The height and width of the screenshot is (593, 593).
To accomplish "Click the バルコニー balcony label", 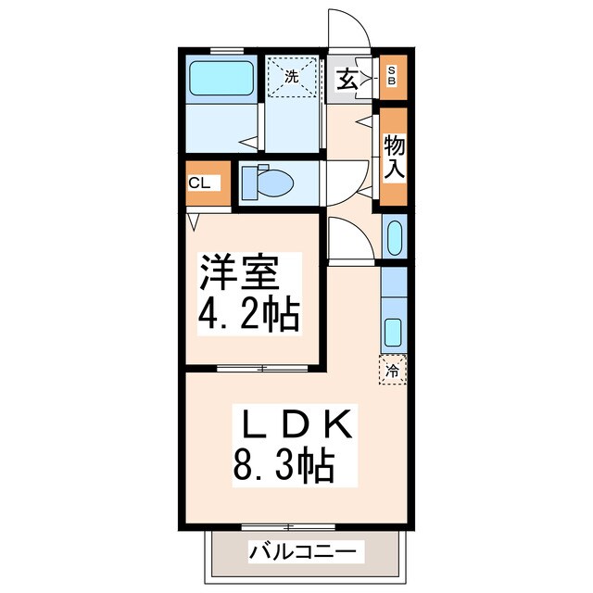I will pos(301,553).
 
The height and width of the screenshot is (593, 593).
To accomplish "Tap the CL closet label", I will pos(199,183).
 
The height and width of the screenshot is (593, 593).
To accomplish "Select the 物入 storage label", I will pos(394,156).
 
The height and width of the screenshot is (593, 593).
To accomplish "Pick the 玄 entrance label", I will pos(347,79).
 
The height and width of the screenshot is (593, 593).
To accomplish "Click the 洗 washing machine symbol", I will pos(291,78).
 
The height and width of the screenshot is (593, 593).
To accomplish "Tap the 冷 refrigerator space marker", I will pos(393,371).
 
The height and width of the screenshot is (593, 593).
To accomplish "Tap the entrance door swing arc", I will pos(350,28).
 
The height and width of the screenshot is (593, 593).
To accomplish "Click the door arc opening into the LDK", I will pos(350,239).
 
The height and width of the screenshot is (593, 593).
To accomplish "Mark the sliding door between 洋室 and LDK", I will pos(262,368).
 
